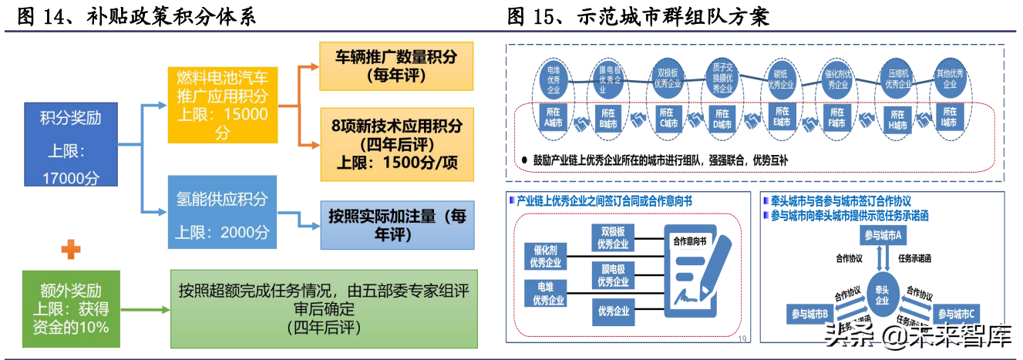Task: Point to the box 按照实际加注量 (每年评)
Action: (397, 225)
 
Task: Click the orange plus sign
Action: (71, 248)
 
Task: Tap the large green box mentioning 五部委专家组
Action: (324, 308)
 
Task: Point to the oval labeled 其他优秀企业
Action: (949, 79)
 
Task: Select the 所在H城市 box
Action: (897, 118)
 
